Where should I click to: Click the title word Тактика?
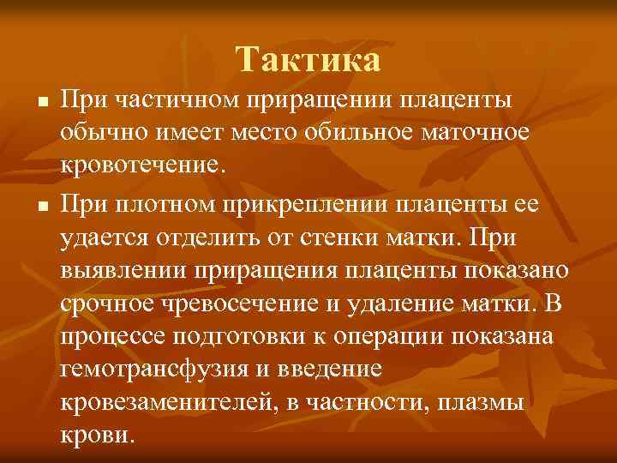click(308, 60)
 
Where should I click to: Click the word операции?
click(362, 337)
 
